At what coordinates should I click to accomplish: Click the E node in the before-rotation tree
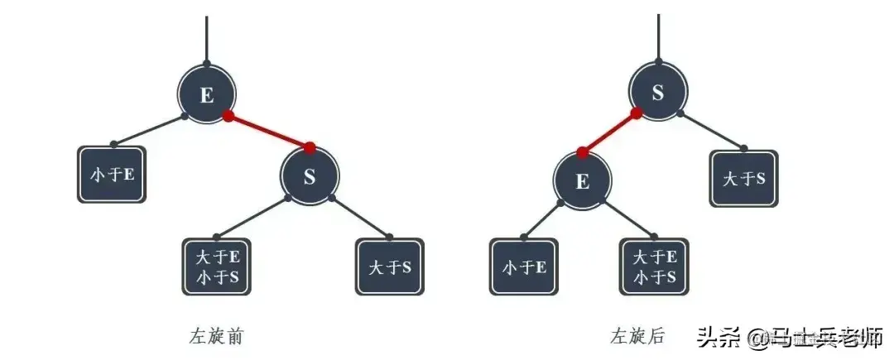pyautogui.click(x=207, y=94)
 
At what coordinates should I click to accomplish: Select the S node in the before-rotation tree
pyautogui.click(x=310, y=177)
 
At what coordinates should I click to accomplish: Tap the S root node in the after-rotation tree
pyautogui.click(x=658, y=93)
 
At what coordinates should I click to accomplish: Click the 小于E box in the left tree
pyautogui.click(x=112, y=175)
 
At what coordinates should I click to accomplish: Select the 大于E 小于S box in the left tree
pyautogui.click(x=218, y=266)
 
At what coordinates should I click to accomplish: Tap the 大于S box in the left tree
pyautogui.click(x=389, y=266)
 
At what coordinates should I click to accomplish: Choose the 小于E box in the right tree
pyautogui.click(x=524, y=266)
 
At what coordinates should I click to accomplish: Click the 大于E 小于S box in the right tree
pyautogui.click(x=654, y=266)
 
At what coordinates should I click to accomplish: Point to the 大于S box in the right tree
pyautogui.click(x=743, y=178)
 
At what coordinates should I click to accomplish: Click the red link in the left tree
pyautogui.click(x=268, y=132)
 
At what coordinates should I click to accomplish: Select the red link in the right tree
pyautogui.click(x=609, y=132)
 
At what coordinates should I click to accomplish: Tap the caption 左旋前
pyautogui.click(x=216, y=336)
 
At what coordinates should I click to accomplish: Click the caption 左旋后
pyautogui.click(x=637, y=336)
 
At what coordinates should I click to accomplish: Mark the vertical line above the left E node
pyautogui.click(x=207, y=37)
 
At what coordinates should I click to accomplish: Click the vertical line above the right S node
pyautogui.click(x=658, y=35)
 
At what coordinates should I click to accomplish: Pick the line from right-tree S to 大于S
pyautogui.click(x=712, y=132)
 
